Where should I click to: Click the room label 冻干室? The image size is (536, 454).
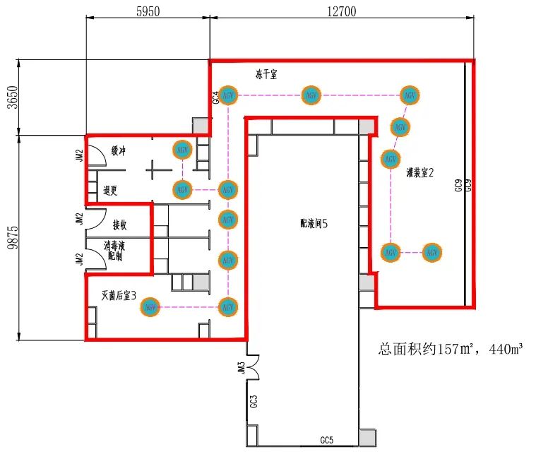(268, 73)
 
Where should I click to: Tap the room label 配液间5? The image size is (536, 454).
(314, 224)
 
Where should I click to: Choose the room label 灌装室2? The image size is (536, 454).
(420, 172)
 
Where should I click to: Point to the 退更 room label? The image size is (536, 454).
(110, 190)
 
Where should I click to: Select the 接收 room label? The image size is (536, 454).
(120, 225)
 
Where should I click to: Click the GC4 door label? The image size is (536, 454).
(216, 97)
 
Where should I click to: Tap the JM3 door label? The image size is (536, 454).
(242, 369)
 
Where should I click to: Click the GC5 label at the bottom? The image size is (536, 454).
(326, 441)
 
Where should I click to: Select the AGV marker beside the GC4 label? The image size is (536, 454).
(228, 95)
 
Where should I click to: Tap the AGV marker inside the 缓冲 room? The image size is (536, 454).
(183, 150)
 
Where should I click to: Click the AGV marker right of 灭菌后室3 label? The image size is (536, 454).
(150, 307)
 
